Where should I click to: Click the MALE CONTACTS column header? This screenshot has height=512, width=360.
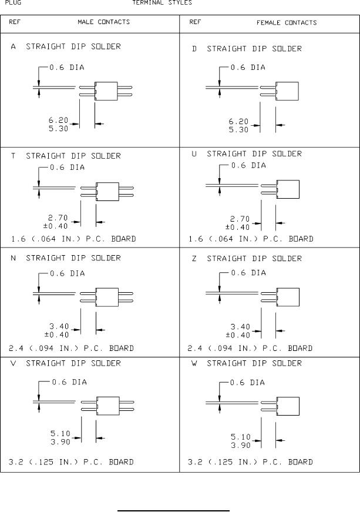104,22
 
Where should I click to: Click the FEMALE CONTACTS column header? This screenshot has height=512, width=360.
287,23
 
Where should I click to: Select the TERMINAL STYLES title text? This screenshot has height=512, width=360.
162,2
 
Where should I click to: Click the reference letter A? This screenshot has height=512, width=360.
14,46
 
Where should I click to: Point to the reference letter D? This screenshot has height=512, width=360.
194,49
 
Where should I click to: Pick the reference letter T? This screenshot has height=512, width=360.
14,156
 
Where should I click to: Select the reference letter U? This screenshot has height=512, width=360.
194,154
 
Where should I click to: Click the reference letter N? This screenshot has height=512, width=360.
14,258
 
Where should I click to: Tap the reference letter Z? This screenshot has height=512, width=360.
194,259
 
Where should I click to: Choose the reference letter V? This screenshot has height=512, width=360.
14,363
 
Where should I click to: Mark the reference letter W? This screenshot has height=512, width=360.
194,364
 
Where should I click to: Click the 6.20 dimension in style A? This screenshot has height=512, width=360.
59,121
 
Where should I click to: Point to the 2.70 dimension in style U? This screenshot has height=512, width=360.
240,219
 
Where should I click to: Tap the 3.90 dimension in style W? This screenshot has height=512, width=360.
240,445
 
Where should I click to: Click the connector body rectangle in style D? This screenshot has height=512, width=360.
287,92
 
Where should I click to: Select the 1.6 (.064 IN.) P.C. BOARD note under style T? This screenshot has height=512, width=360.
74,239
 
